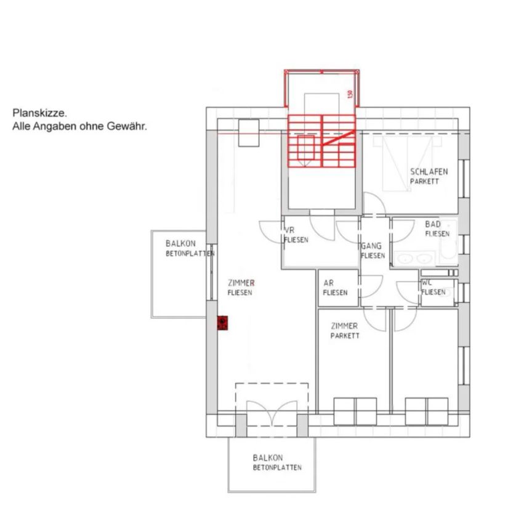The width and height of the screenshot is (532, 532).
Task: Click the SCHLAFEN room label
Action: tap(429, 172)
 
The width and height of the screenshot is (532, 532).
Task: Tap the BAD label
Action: tap(433, 225)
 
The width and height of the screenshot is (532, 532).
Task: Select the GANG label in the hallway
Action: tap(371, 246)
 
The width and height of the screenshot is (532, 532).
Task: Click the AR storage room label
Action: tap(329, 283)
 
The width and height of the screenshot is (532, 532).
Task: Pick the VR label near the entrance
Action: tap(289, 231)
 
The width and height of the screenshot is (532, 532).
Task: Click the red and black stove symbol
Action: tap(223, 323)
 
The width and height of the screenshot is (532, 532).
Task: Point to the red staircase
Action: tap(322, 141)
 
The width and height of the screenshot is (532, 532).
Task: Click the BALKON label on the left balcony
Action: tap(180, 244)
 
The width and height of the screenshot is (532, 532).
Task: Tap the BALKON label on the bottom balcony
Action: tap(268, 457)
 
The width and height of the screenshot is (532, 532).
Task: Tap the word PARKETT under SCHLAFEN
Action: tap(425, 182)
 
